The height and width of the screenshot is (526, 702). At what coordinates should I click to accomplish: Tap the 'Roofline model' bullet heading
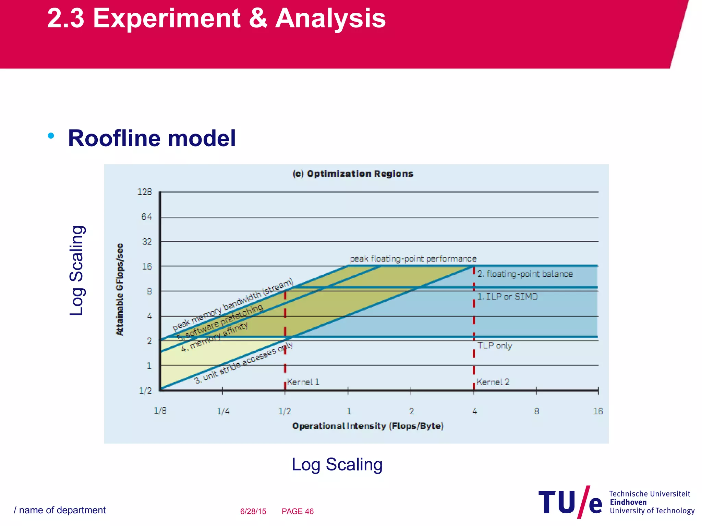point(152,138)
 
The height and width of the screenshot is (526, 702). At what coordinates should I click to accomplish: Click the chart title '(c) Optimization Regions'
point(353,174)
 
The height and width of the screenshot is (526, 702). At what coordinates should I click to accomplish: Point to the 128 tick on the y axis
point(145,192)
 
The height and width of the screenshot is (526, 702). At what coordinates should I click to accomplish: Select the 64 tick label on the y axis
point(146,216)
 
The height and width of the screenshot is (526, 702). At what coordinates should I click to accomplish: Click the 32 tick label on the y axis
point(147,241)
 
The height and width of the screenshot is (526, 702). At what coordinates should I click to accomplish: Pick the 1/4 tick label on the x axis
point(223,411)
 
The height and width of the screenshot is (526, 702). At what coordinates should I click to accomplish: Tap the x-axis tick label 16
point(598,411)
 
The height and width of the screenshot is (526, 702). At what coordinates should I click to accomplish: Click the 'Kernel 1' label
point(303,382)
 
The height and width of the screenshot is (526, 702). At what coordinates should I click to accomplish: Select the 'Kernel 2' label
point(493,382)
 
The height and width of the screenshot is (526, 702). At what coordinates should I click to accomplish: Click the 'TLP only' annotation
point(495,346)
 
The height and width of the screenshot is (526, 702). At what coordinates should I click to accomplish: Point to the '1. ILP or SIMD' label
point(508,296)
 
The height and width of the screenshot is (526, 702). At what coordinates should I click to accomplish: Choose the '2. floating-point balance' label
point(525,274)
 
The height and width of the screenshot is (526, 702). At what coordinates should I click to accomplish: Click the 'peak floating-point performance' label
point(413,259)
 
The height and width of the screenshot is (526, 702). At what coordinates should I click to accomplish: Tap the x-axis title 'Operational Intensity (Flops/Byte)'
point(368,426)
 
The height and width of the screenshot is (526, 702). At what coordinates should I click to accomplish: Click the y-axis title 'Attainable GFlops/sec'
point(119,289)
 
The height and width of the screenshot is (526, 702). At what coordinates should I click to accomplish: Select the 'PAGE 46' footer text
point(298,511)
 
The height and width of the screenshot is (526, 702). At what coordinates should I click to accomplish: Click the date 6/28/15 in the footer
point(253,511)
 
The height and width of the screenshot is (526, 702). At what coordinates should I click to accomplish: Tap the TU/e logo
point(570,502)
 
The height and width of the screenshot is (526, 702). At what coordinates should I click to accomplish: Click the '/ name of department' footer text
point(60,510)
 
